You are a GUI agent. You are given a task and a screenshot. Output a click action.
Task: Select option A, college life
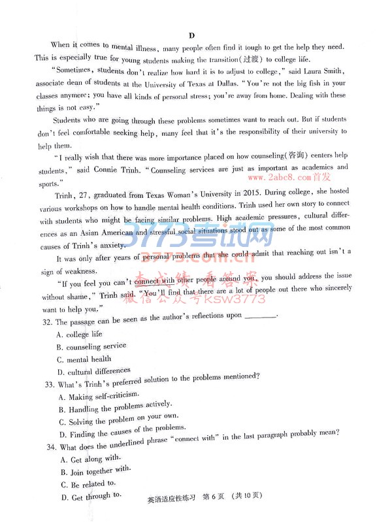(x=79, y=334)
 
